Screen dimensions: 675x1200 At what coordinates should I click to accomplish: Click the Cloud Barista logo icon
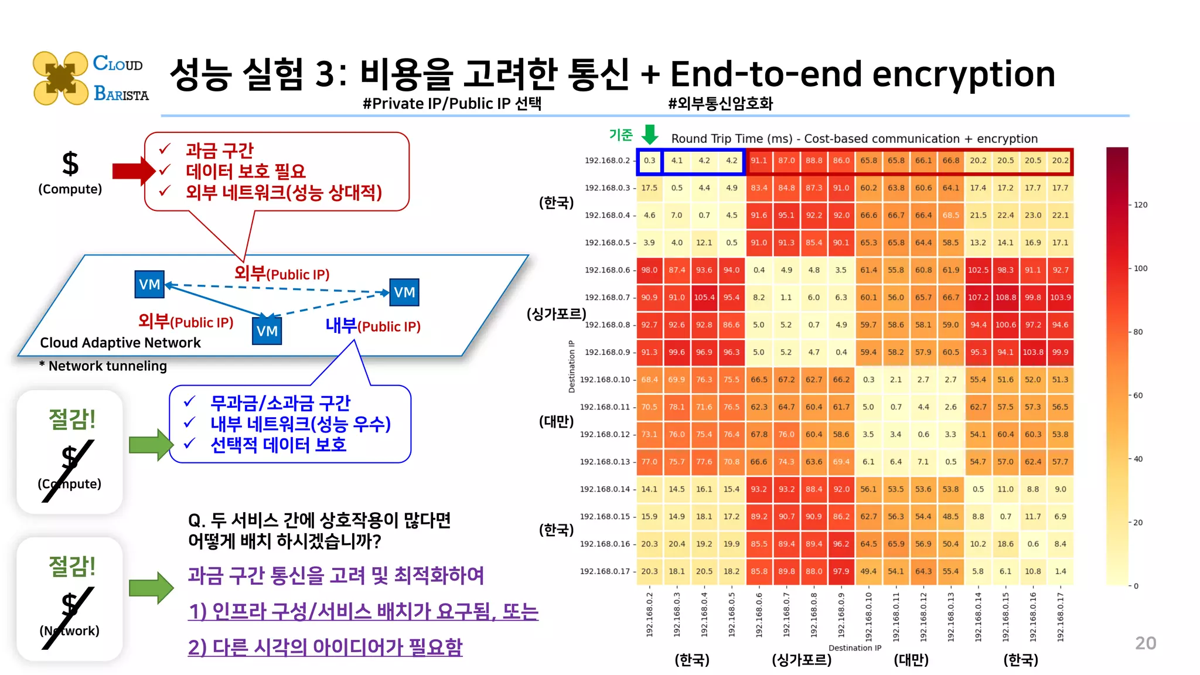click(60, 78)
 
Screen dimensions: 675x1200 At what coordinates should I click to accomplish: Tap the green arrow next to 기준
click(649, 134)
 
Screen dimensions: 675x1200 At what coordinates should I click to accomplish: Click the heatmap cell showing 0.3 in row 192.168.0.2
click(649, 161)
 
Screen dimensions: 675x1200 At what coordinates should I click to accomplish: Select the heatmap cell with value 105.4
click(704, 298)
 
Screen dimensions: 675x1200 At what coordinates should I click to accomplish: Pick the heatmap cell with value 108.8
click(1005, 298)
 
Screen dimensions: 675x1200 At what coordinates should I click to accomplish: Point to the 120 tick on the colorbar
click(1140, 205)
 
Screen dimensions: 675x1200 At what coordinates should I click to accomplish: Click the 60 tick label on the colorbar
click(1138, 396)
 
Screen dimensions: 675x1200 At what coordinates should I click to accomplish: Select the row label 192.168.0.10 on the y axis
click(605, 380)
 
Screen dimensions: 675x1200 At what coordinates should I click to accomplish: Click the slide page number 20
click(1145, 643)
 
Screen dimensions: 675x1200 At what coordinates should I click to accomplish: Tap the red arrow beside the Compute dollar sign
click(132, 171)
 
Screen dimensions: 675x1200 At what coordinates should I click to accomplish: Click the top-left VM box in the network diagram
click(149, 285)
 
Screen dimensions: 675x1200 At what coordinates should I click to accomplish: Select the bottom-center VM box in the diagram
click(267, 331)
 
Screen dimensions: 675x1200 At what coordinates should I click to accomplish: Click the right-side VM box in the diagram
click(404, 292)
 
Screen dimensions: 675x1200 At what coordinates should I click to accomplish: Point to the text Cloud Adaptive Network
click(120, 343)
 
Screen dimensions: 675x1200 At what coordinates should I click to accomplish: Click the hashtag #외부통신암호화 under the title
click(720, 104)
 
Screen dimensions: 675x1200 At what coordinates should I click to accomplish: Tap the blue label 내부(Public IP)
click(373, 326)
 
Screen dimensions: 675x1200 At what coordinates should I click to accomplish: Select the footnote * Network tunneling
click(103, 366)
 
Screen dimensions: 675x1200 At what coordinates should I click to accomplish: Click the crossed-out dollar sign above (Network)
click(69, 604)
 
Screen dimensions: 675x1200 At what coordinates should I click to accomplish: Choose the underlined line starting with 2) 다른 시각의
click(325, 647)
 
